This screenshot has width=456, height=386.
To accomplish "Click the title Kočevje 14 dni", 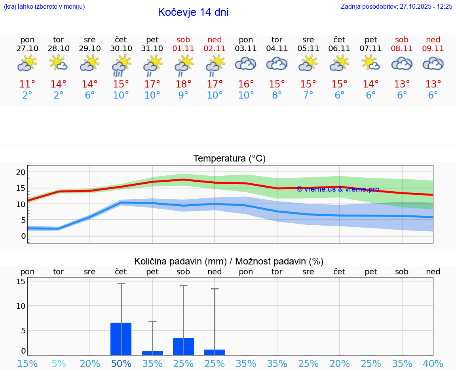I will (x=193, y=12).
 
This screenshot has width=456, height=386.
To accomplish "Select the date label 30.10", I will (x=121, y=48).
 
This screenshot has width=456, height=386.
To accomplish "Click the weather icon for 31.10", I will (x=152, y=65).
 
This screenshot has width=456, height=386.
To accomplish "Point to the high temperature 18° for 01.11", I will (x=183, y=84).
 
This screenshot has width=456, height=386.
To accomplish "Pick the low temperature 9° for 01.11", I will (x=183, y=95).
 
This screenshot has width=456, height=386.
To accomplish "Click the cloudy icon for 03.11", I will (x=246, y=64).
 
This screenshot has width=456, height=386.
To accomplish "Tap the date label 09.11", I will (x=433, y=48).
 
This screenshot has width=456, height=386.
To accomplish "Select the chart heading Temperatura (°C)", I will (x=229, y=159).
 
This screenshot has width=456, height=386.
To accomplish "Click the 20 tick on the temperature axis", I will (x=21, y=172).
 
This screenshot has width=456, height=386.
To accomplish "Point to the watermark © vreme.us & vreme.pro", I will (x=338, y=189).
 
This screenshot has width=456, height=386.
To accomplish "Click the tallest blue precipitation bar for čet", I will (x=121, y=339).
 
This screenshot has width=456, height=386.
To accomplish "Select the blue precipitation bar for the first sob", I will (x=183, y=346).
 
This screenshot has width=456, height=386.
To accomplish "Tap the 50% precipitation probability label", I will (x=121, y=363).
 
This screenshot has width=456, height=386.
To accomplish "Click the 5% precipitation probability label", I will (x=59, y=363).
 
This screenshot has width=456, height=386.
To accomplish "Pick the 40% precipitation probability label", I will (x=433, y=363).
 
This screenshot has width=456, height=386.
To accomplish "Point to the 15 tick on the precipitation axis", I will (x=21, y=281).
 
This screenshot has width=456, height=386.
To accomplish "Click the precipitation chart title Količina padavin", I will (x=180, y=261).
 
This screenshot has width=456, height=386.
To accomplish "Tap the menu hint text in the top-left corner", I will (x=44, y=7).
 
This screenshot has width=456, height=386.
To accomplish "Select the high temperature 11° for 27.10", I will (x=27, y=84).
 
